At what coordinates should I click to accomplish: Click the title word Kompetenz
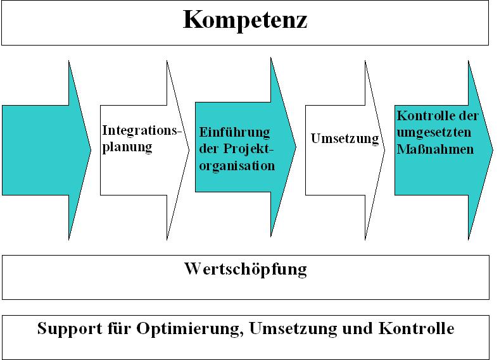[245, 20]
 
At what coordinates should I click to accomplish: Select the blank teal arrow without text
[44, 149]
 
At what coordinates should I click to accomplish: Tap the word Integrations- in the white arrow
[142, 131]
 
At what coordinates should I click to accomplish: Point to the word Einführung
[234, 133]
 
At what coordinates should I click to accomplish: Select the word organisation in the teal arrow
[237, 166]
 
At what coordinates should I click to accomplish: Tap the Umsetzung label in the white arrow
[344, 139]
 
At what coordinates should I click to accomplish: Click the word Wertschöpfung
[245, 270]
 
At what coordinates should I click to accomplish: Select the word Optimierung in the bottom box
[191, 330]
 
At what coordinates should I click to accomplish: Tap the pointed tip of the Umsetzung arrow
[383, 149]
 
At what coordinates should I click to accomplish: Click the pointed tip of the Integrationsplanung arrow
[189, 150]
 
